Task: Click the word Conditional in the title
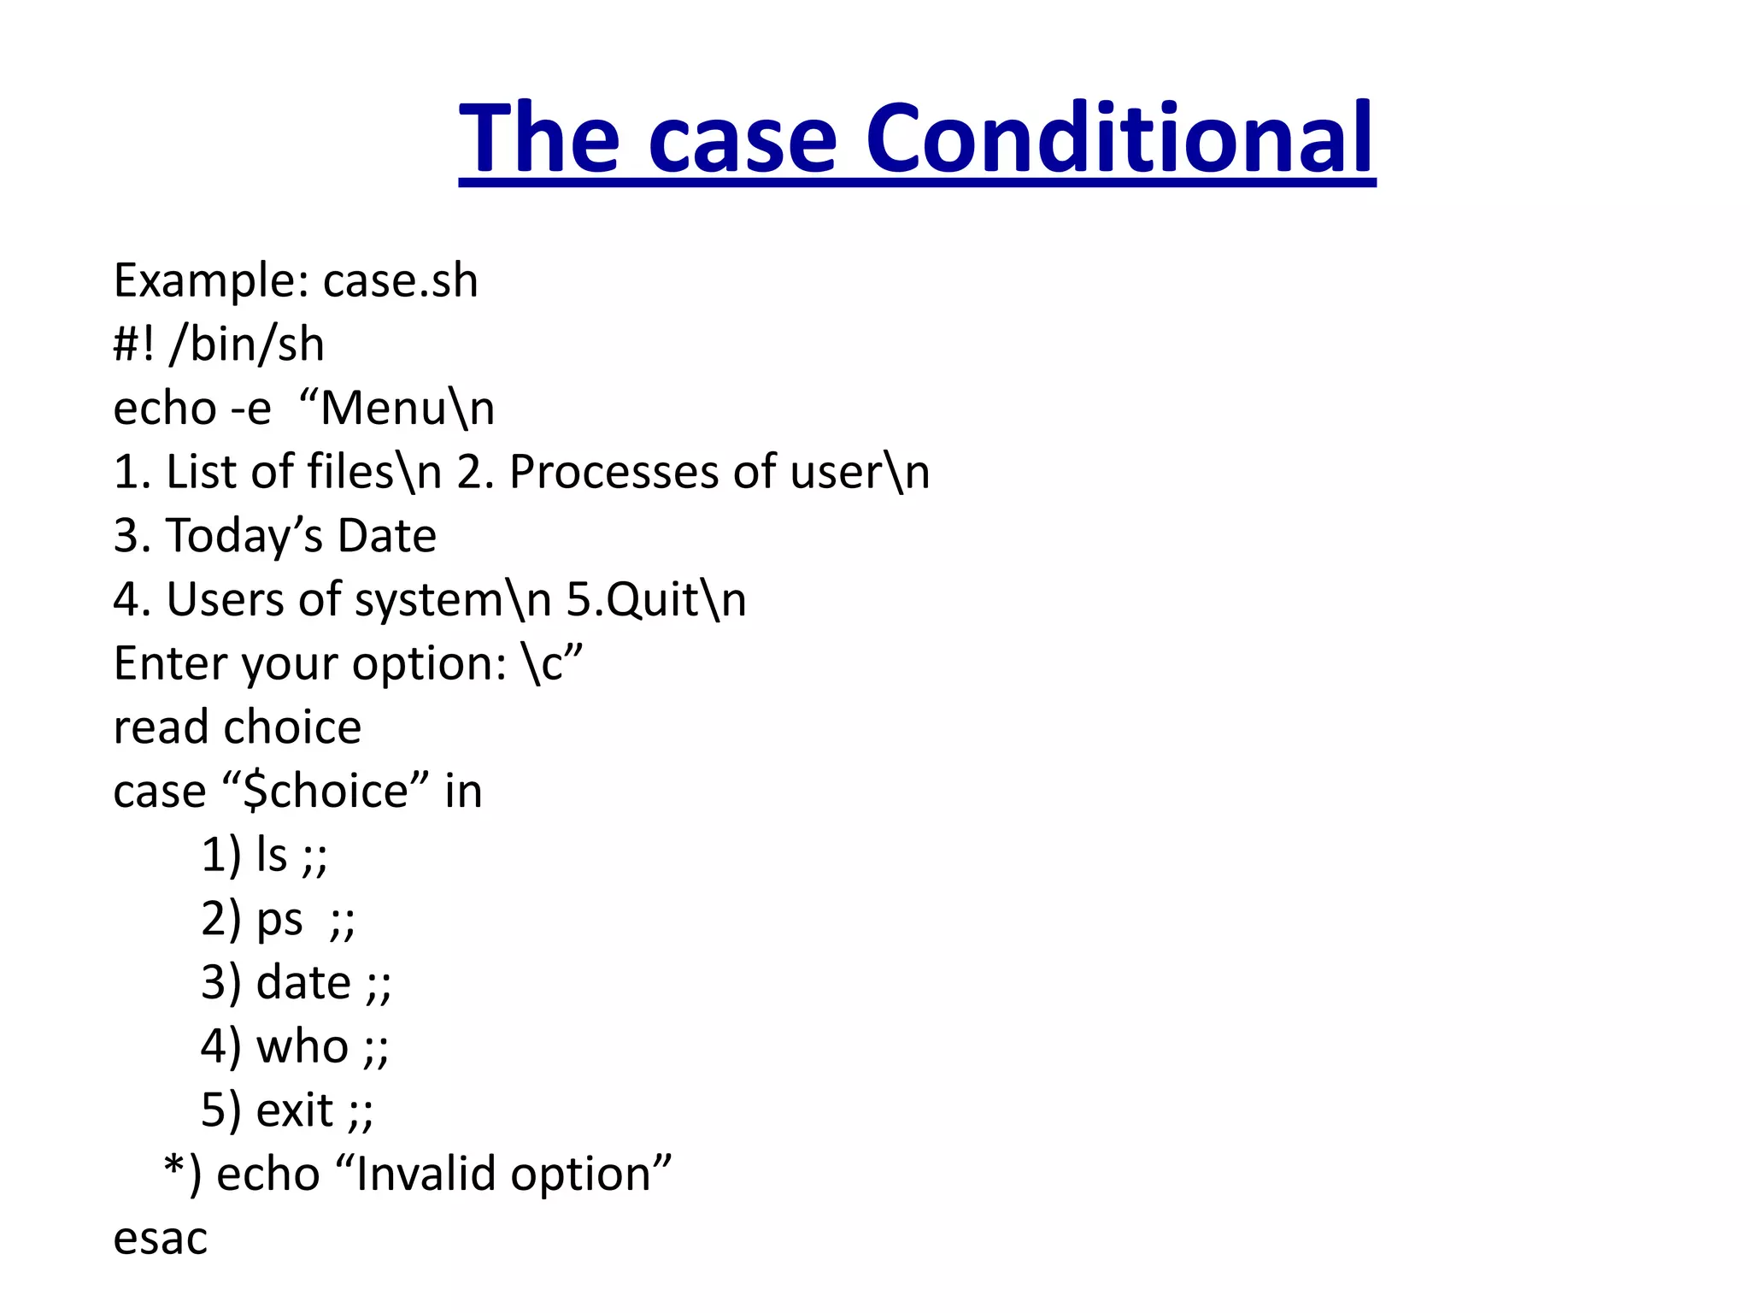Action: [1119, 139]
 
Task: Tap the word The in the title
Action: [538, 139]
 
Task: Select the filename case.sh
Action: [400, 281]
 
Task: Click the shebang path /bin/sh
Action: [247, 345]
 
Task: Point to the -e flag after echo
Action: [250, 409]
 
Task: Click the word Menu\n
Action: [407, 409]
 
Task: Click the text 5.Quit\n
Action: [656, 600]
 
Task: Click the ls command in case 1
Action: [272, 855]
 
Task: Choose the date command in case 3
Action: [303, 983]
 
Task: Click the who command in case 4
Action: [302, 1047]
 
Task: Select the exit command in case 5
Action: [294, 1111]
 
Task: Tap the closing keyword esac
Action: [161, 1239]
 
